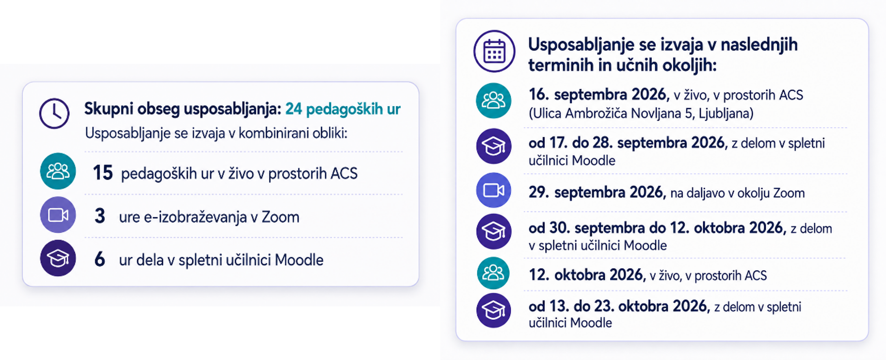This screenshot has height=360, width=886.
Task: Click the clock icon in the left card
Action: pyautogui.click(x=54, y=114)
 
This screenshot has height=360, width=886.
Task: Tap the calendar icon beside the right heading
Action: pyautogui.click(x=494, y=51)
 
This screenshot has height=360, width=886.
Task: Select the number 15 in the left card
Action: pyautogui.click(x=103, y=173)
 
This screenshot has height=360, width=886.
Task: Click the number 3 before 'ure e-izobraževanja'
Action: pyautogui.click(x=100, y=216)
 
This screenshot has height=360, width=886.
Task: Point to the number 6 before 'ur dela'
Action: pyautogui.click(x=100, y=259)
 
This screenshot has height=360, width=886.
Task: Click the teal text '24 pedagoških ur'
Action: pyautogui.click(x=343, y=109)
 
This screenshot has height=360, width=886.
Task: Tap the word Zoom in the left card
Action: pyautogui.click(x=281, y=217)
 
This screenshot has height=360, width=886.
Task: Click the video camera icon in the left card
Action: pyautogui.click(x=58, y=215)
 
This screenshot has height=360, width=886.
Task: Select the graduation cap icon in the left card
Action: pyautogui.click(x=58, y=258)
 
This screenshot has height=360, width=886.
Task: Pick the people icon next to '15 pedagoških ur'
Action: pyautogui.click(x=58, y=171)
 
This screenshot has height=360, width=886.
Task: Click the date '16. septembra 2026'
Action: pyautogui.click(x=599, y=95)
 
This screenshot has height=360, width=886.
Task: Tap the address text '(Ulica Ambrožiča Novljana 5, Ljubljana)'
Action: pyautogui.click(x=641, y=114)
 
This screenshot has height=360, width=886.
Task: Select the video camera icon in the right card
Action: pyautogui.click(x=494, y=190)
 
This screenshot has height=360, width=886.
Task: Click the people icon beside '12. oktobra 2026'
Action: pyautogui.click(x=493, y=273)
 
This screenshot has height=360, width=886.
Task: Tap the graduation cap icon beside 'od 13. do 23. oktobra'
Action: pyautogui.click(x=494, y=310)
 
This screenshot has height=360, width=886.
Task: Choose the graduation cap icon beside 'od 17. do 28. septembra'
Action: pyautogui.click(x=494, y=146)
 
